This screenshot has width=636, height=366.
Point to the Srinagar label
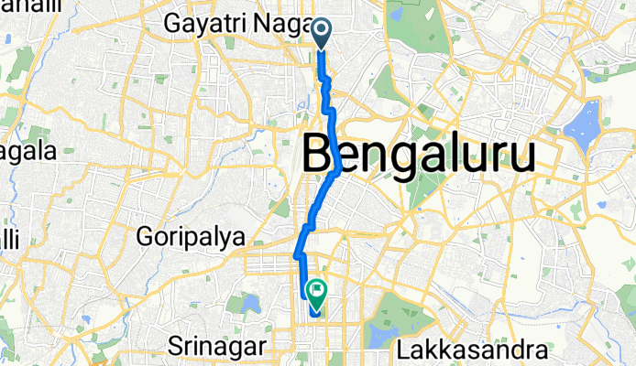pos(217,347)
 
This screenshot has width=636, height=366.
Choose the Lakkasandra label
pos(473,349)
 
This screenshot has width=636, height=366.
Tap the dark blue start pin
pos(323,33)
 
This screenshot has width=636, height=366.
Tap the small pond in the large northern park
pos(395,15)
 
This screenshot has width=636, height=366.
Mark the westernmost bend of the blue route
pos(296,255)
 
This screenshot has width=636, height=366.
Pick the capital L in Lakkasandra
pos(404,349)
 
